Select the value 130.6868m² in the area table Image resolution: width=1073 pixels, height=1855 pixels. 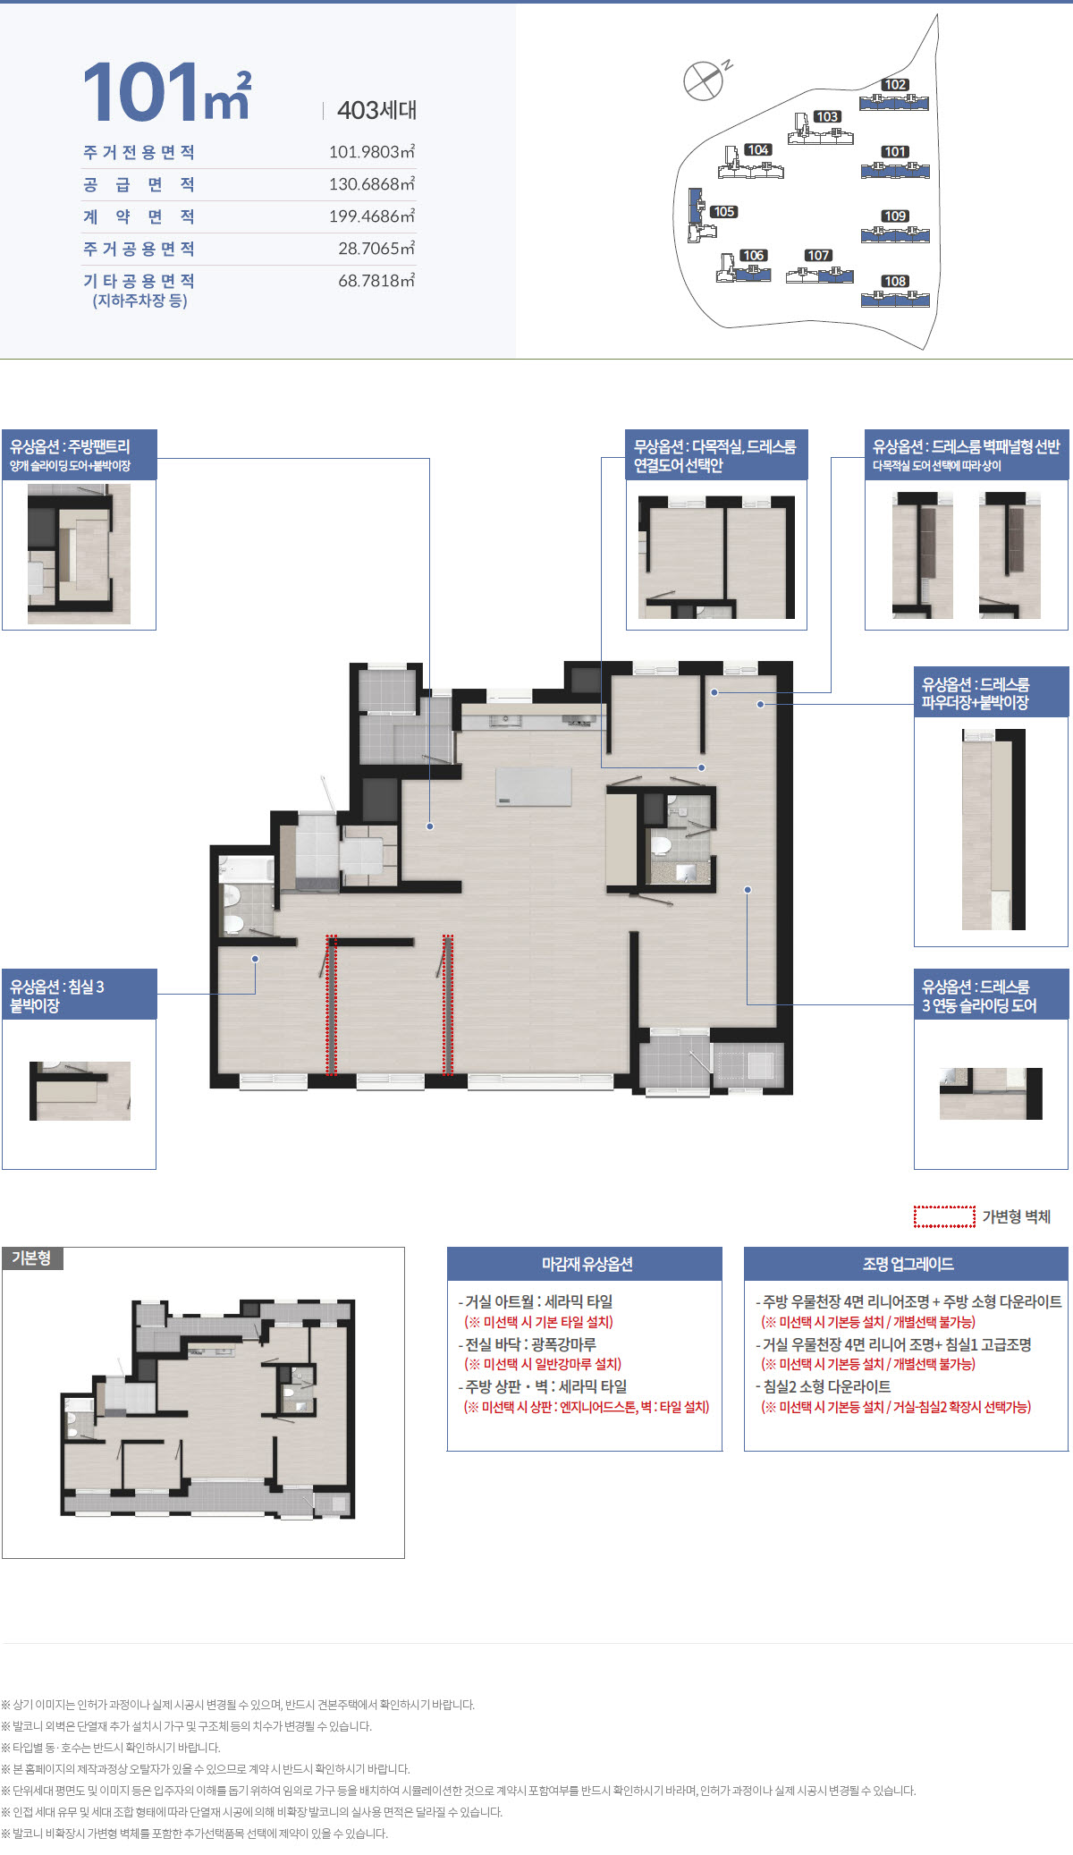(x=372, y=183)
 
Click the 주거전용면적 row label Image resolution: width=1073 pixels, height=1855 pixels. (x=139, y=152)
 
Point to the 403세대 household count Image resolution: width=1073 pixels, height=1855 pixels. (x=376, y=110)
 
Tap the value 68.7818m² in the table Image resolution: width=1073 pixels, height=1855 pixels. (x=376, y=280)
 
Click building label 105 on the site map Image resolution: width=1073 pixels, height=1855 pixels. (x=723, y=212)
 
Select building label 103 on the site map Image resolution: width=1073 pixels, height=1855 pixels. (x=827, y=116)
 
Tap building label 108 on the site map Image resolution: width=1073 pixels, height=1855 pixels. (x=895, y=281)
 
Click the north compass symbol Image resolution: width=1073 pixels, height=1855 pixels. (x=704, y=80)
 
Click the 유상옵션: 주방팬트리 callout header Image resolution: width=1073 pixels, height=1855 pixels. (x=80, y=455)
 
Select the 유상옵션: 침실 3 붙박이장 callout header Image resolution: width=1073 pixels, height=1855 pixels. (x=80, y=995)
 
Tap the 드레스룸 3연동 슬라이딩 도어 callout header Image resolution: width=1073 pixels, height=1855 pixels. (x=991, y=995)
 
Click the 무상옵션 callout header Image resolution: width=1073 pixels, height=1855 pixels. (x=716, y=455)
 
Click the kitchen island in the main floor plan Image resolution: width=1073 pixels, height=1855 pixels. (x=534, y=785)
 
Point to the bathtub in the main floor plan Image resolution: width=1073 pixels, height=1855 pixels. (x=247, y=869)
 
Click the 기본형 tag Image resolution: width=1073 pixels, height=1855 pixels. (x=32, y=1258)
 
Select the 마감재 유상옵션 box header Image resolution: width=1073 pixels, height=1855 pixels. (x=585, y=1264)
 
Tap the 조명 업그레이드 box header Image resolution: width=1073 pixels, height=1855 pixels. (x=907, y=1264)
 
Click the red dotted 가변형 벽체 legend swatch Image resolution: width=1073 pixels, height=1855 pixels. (x=944, y=1216)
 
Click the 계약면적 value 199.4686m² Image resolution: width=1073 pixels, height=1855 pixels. (x=372, y=216)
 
